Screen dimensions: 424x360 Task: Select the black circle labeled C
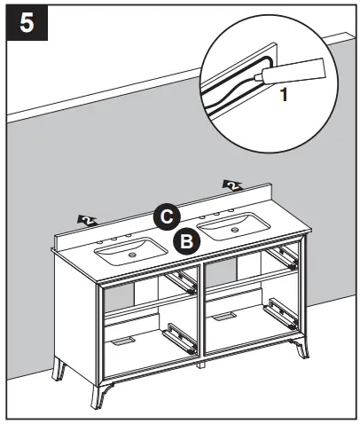[x=166, y=216]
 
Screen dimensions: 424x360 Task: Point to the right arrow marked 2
[x=232, y=185]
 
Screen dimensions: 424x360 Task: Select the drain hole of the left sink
[x=133, y=256]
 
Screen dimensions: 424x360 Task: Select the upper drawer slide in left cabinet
[x=184, y=281]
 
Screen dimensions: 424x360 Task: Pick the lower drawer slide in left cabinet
[x=179, y=336]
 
